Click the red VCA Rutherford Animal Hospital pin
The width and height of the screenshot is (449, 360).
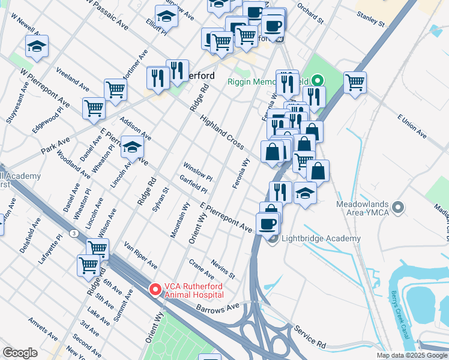pyautogui.click(x=155, y=290)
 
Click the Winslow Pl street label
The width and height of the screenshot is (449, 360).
pyautogui.click(x=197, y=170)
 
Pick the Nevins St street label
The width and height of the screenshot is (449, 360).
pyautogui.click(x=223, y=269)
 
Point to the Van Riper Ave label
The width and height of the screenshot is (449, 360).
pyautogui.click(x=140, y=256)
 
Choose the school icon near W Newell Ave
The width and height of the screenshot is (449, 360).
pyautogui.click(x=37, y=47)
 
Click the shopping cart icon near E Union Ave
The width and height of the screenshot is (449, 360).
pyautogui.click(x=355, y=82)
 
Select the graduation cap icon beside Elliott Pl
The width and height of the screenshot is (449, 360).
pyautogui.click(x=166, y=17)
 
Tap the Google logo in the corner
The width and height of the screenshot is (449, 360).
pyautogui.click(x=20, y=353)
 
